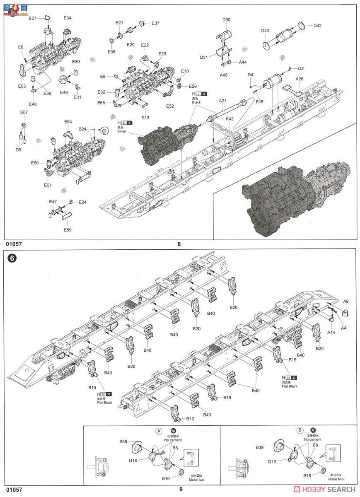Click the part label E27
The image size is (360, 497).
click(33, 18)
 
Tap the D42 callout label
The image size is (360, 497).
click(317, 26)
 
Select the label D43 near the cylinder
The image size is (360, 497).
click(266, 31)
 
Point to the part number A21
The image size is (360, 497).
click(223, 101)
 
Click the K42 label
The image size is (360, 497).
click(230, 119)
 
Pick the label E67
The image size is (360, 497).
click(24, 112)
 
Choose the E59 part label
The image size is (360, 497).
click(67, 230)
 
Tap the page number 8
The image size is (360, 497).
click(179, 244)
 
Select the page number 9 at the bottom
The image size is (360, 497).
click(181, 489)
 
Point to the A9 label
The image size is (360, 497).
click(346, 301)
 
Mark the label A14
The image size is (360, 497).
click(331, 332)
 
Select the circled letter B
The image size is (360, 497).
click(299, 431)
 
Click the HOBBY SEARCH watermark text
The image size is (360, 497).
click(327, 490)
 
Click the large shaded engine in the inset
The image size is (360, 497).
click(290, 195)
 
